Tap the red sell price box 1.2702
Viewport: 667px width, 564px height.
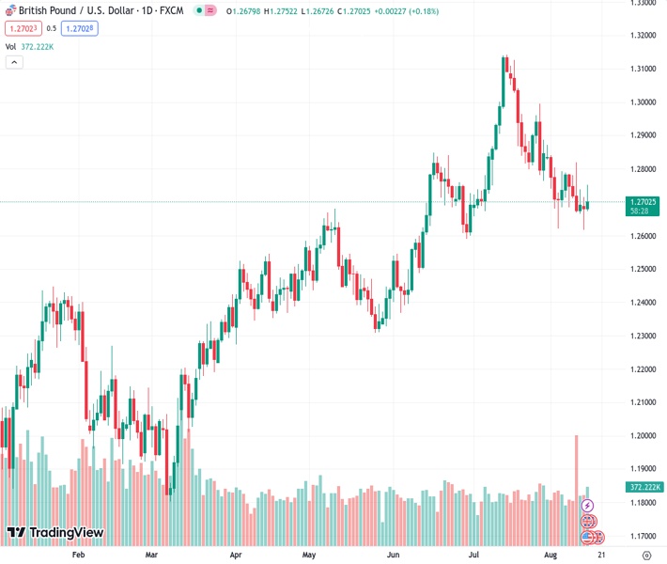pyautogui.click(x=22, y=28)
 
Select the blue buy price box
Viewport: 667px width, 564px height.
pyautogui.click(x=81, y=28)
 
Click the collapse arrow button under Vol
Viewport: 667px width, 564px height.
pyautogui.click(x=13, y=62)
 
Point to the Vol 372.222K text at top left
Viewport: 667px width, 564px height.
pyautogui.click(x=30, y=46)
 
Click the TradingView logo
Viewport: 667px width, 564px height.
pyautogui.click(x=54, y=533)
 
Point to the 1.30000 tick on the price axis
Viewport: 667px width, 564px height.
pyautogui.click(x=642, y=102)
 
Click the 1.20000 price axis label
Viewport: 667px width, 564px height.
pyautogui.click(x=642, y=436)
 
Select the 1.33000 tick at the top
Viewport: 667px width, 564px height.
pyautogui.click(x=642, y=3)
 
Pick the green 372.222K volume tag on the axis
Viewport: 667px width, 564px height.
pyautogui.click(x=644, y=487)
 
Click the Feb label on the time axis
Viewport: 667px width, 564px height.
pyautogui.click(x=78, y=556)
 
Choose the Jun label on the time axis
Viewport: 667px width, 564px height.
pyautogui.click(x=393, y=556)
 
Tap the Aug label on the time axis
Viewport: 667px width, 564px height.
pyautogui.click(x=551, y=556)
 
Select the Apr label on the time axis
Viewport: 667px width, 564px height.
pyautogui.click(x=235, y=556)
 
